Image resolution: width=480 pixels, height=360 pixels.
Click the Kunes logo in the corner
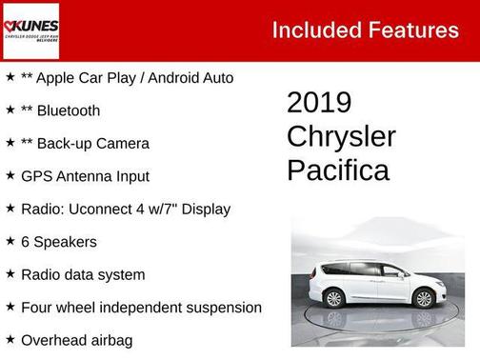coord(31,30)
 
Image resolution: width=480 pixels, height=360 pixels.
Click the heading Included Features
coord(365,30)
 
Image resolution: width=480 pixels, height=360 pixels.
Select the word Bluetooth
coord(69,110)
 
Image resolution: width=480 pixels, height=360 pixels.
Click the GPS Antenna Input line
coord(86,176)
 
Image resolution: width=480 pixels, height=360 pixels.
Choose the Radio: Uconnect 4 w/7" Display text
coord(126,209)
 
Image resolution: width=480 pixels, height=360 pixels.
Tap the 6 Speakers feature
coord(59,242)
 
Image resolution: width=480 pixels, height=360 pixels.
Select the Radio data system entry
coord(84,274)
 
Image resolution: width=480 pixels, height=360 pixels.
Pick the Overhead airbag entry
coord(78,340)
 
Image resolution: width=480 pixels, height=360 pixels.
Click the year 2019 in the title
coord(319,103)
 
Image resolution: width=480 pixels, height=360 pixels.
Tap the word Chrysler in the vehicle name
coord(341,136)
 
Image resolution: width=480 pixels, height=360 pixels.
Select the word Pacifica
coord(337,170)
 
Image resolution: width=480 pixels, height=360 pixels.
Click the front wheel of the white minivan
coord(423,298)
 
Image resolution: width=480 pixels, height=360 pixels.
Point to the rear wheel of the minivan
coord(334,298)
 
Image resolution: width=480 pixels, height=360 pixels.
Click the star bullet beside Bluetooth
coord(10,110)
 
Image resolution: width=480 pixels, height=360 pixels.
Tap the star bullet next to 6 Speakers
coord(10,241)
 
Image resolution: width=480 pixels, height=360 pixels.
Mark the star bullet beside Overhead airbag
coord(10,339)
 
